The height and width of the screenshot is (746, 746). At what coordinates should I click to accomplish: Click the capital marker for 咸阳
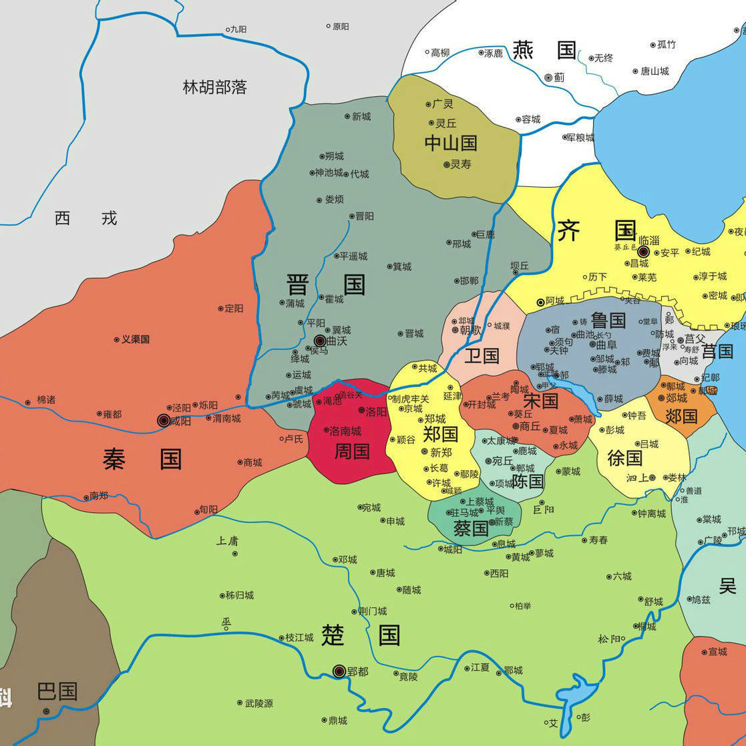pos(164,420)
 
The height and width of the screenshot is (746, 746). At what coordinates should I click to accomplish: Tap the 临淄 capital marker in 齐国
pos(643,252)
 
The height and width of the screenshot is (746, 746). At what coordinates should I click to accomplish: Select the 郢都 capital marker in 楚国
pos(339,671)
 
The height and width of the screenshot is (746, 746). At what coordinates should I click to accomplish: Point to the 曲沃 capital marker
pos(320,341)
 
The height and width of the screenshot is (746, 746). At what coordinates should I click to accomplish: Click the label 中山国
pos(451,142)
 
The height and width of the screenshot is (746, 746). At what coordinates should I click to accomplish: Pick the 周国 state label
pos(352,451)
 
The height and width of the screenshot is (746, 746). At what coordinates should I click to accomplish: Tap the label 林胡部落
pos(215,87)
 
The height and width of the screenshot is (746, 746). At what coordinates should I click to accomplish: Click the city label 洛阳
pos(376,411)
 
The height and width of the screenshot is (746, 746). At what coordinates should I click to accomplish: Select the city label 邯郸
pos(469,281)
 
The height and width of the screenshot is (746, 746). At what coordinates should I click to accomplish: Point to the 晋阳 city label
pos(364,216)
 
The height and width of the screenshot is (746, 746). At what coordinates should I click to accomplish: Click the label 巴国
pos(57,691)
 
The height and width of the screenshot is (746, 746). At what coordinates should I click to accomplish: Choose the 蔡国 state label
pos(471,529)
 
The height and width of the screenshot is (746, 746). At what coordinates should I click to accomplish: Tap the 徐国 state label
pos(624,457)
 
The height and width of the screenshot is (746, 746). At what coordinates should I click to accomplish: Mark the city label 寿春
pos(598,540)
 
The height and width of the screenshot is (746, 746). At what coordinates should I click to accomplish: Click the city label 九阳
pos(238,29)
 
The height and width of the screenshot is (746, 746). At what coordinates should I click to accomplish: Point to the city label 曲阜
pos(606,345)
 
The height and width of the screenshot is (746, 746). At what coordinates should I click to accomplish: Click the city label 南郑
pos(98,496)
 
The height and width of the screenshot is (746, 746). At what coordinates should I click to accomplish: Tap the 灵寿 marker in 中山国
pos(447,164)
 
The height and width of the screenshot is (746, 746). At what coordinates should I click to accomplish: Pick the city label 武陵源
pos(258,703)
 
